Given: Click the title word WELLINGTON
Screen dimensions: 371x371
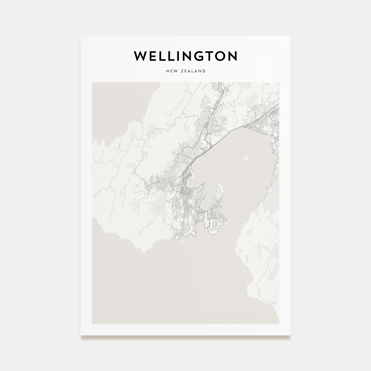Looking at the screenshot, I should (185, 56).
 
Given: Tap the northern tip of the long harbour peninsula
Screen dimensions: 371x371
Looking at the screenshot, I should (220, 183).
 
